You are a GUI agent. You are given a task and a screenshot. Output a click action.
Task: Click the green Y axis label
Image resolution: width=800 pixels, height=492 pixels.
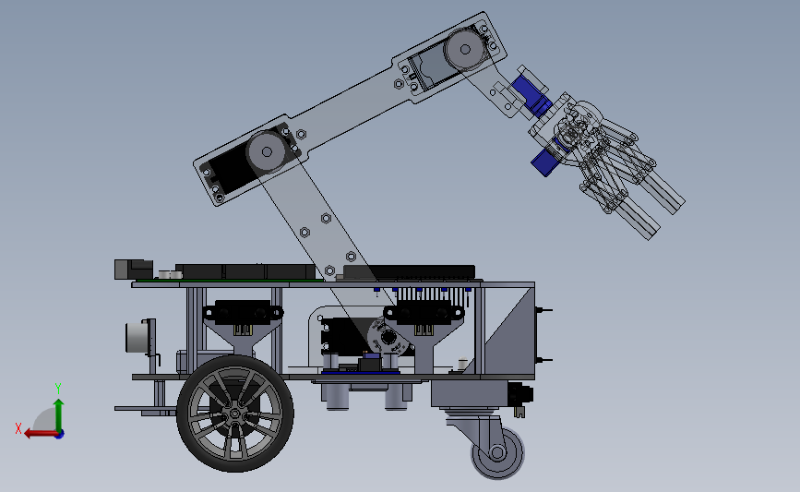point(58,389)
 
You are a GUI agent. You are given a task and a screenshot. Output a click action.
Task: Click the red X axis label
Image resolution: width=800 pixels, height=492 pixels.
point(18,428)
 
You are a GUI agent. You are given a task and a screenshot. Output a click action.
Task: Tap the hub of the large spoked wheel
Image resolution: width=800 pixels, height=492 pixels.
point(234,414)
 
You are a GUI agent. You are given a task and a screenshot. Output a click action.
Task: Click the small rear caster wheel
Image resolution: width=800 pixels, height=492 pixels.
point(497,452)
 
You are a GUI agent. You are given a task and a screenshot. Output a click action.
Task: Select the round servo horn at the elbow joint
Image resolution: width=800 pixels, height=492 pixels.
point(267,151)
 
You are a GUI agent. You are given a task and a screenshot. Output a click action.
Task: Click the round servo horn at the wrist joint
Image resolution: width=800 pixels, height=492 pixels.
point(465,49)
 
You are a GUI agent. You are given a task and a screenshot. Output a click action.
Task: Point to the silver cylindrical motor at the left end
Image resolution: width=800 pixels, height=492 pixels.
point(135,337)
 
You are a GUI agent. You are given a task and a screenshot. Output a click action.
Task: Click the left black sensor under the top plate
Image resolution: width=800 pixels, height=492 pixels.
point(243,312)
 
